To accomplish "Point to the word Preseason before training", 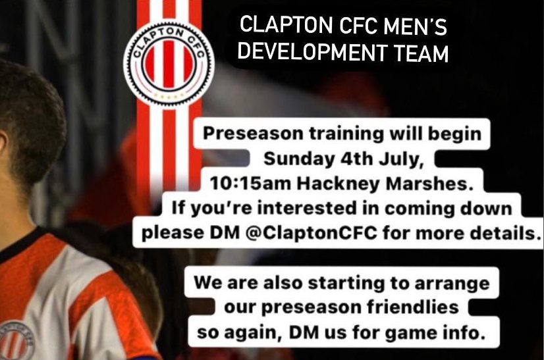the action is (x=253, y=134).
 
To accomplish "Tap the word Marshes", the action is (x=429, y=184).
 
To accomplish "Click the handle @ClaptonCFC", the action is (x=312, y=233).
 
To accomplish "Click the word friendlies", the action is (x=413, y=307).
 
